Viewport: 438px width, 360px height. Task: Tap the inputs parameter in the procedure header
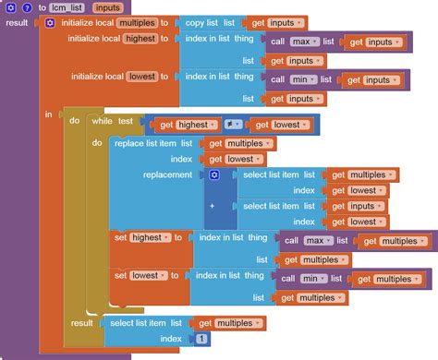[x=106, y=7]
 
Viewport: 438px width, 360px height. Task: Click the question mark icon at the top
[x=26, y=7]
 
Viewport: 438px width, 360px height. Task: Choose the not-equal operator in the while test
[x=234, y=125]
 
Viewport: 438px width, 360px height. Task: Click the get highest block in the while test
[x=188, y=125]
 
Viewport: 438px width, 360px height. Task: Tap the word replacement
[x=167, y=174]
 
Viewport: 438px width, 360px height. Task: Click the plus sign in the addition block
[x=213, y=206]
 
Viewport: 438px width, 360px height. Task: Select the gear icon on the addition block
[x=213, y=174]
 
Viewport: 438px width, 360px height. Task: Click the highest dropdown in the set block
[x=150, y=237]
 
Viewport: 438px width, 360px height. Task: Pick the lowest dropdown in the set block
[x=148, y=275]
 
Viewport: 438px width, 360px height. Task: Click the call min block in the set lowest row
[x=300, y=279]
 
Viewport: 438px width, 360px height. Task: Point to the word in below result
[x=48, y=114]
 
